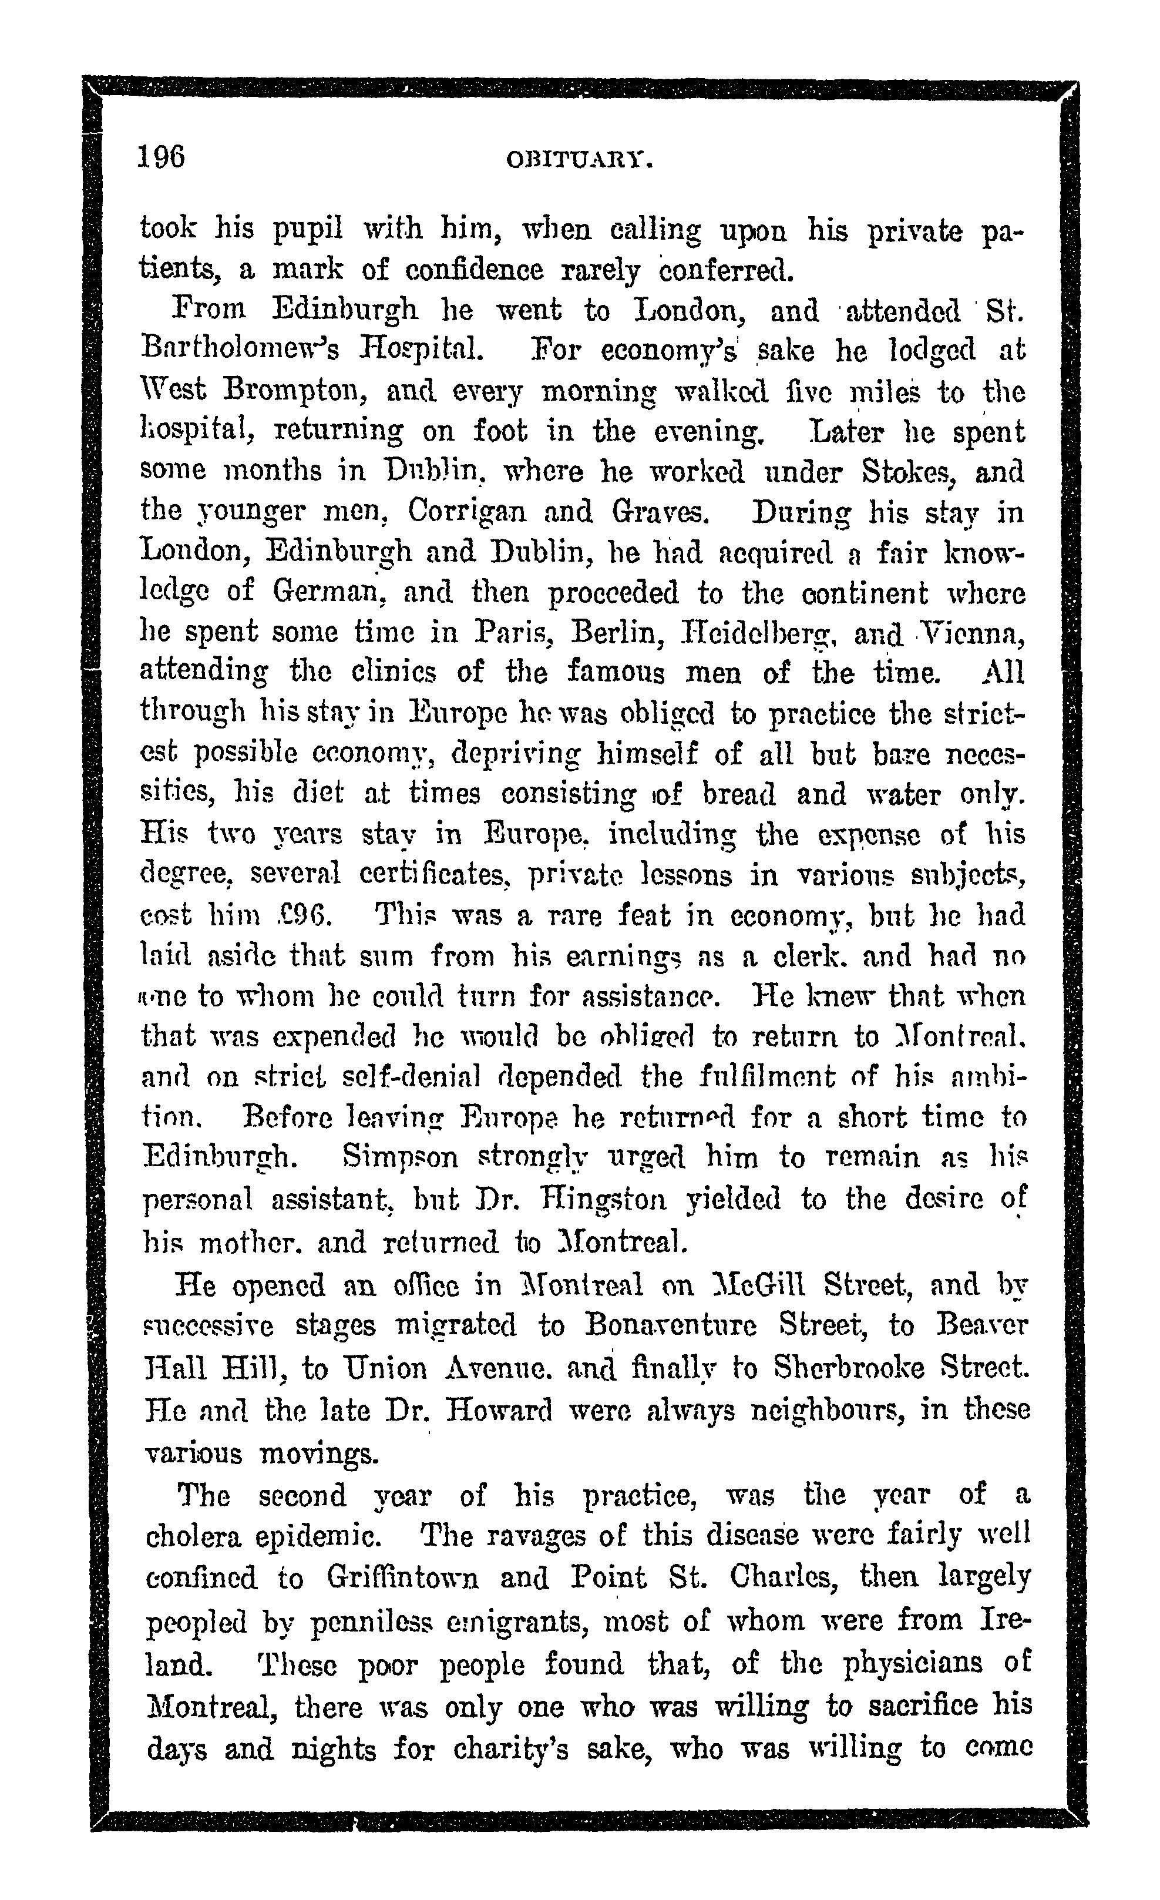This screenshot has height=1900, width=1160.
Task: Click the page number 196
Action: pos(161,157)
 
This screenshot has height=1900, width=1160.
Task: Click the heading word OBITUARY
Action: pos(580,160)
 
